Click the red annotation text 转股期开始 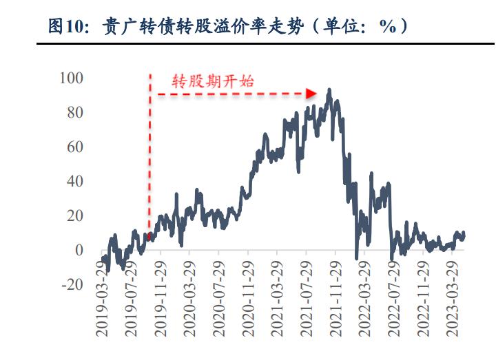pos(213,81)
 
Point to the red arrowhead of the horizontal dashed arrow pos(311,93)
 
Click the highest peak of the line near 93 pos(329,89)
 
